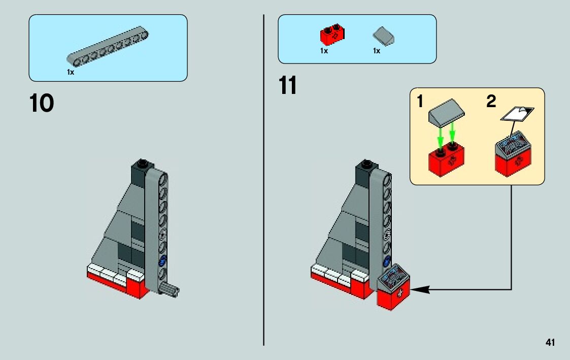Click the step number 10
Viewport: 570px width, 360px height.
(x=42, y=104)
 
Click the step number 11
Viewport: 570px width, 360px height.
(x=288, y=86)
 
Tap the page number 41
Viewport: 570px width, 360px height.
(x=550, y=342)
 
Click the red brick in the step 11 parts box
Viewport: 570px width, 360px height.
(x=333, y=34)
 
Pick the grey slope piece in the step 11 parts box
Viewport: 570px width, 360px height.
(x=384, y=37)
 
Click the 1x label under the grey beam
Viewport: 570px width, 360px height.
(x=71, y=73)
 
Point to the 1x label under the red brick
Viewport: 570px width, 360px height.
(x=324, y=51)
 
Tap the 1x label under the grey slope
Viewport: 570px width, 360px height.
(x=377, y=51)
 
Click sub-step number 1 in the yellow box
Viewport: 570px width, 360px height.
(x=420, y=102)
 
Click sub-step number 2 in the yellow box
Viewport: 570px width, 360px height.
(x=491, y=102)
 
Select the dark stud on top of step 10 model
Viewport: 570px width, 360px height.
(x=143, y=163)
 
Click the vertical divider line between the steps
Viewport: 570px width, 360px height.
(x=264, y=203)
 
